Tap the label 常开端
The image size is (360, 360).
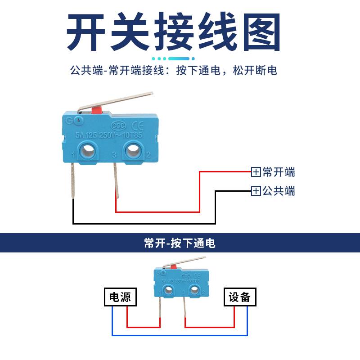tap(279, 172)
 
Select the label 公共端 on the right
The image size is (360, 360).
tap(279, 191)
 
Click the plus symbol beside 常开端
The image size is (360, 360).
tap(256, 172)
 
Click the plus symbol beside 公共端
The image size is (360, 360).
tap(256, 191)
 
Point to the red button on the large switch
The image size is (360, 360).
tap(96, 110)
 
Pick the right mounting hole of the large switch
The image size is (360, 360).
tap(134, 150)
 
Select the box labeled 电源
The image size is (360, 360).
tap(120, 297)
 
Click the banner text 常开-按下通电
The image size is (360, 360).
tap(180, 243)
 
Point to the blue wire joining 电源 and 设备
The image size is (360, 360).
tap(180, 335)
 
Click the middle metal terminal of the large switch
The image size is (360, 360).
tap(116, 180)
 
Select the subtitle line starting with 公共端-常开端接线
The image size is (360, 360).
tap(174, 70)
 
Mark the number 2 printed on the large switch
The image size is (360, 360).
tap(148, 155)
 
